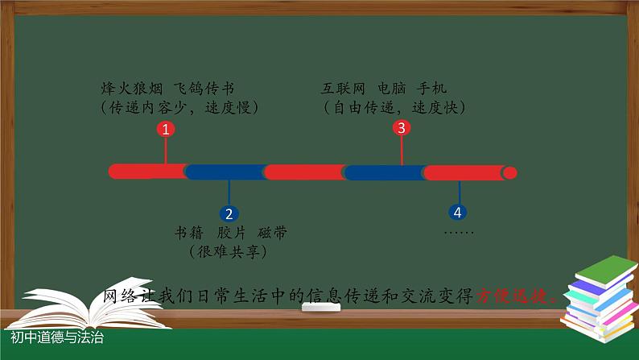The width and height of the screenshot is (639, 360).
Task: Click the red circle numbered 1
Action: (165, 129)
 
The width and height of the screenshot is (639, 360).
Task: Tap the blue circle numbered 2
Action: (229, 213)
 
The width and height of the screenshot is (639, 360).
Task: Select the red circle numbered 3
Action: (402, 127)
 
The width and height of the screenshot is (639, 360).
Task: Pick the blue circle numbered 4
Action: (458, 213)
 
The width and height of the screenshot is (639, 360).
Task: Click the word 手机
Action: (435, 88)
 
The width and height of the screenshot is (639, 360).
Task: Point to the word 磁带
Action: (273, 233)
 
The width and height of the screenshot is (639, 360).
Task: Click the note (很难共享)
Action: (229, 252)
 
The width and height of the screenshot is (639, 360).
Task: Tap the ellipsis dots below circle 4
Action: (459, 232)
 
